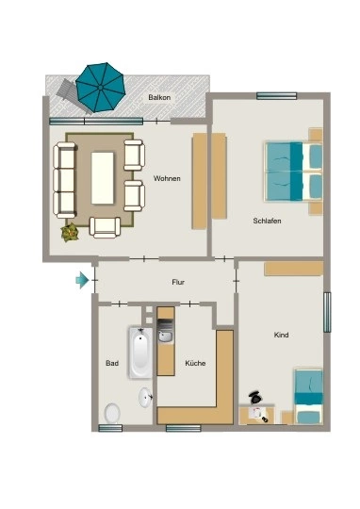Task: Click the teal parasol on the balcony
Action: (100, 88)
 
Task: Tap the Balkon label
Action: (159, 97)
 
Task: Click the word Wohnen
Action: (167, 178)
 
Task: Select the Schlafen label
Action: (267, 221)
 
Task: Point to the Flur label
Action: (178, 282)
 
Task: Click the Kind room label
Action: (281, 335)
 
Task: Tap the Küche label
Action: (195, 363)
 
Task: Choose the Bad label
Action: (112, 363)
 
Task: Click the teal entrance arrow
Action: (82, 280)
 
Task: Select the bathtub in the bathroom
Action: (140, 353)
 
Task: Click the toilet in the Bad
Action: (112, 413)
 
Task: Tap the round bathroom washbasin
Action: (145, 397)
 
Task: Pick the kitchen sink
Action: (166, 337)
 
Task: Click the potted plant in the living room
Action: (70, 232)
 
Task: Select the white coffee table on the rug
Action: (103, 178)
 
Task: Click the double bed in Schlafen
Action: (294, 171)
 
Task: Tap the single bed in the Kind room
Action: (308, 396)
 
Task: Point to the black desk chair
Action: (255, 398)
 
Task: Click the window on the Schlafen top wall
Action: (276, 96)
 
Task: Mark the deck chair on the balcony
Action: (71, 95)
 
